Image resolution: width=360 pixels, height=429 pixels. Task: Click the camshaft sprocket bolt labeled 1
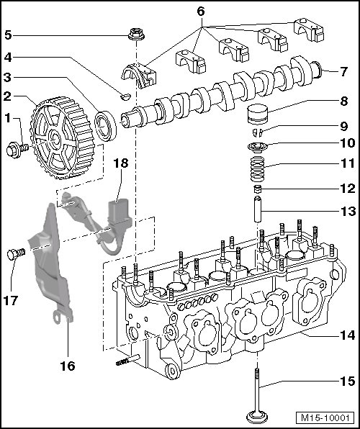[17, 150]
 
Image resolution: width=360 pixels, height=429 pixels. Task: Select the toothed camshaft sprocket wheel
[62, 138]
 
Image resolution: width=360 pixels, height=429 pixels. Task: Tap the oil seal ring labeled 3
[105, 126]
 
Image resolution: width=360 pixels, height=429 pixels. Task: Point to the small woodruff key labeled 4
[126, 96]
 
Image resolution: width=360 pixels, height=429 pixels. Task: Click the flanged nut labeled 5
[136, 35]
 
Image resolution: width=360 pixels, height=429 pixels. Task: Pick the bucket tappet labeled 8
[257, 114]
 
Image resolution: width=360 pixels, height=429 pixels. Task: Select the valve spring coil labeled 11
[258, 168]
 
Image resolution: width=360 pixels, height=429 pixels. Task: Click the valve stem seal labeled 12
[257, 189]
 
